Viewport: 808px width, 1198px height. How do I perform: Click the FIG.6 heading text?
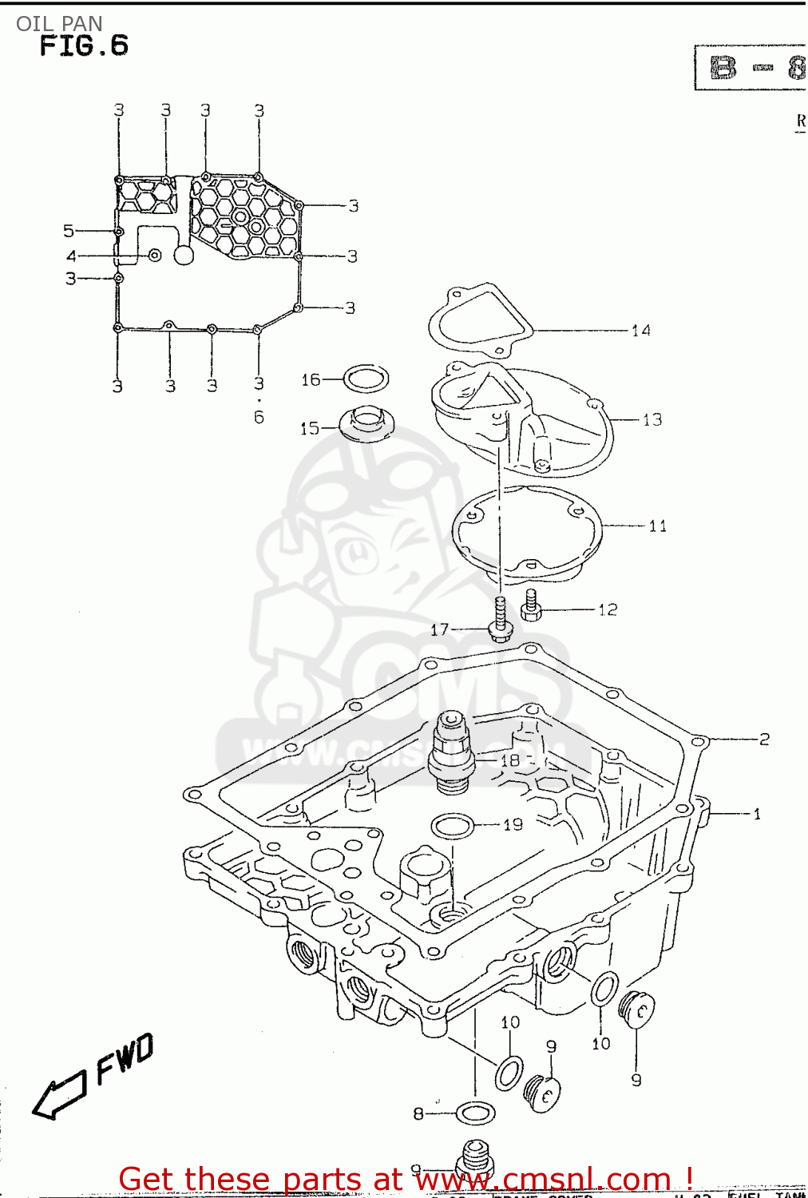[x=84, y=46]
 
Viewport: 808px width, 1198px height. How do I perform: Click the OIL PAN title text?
[x=59, y=23]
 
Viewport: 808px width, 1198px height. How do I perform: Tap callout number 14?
[x=640, y=331]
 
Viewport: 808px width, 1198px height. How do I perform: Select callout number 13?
[x=652, y=420]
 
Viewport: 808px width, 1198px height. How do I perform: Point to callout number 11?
[x=657, y=526]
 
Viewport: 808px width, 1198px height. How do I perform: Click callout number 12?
[x=608, y=610]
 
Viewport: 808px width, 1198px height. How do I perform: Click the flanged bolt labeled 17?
[x=500, y=620]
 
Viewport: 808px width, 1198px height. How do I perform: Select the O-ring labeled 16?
[x=366, y=379]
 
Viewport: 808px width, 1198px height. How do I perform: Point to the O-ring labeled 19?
[x=452, y=826]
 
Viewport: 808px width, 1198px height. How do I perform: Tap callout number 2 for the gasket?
[x=764, y=740]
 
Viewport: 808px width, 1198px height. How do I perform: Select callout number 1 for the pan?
[x=756, y=815]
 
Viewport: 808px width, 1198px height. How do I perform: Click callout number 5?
[x=69, y=231]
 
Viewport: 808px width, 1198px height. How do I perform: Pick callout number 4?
[x=71, y=256]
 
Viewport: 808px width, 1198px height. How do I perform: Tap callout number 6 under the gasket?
[x=259, y=417]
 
